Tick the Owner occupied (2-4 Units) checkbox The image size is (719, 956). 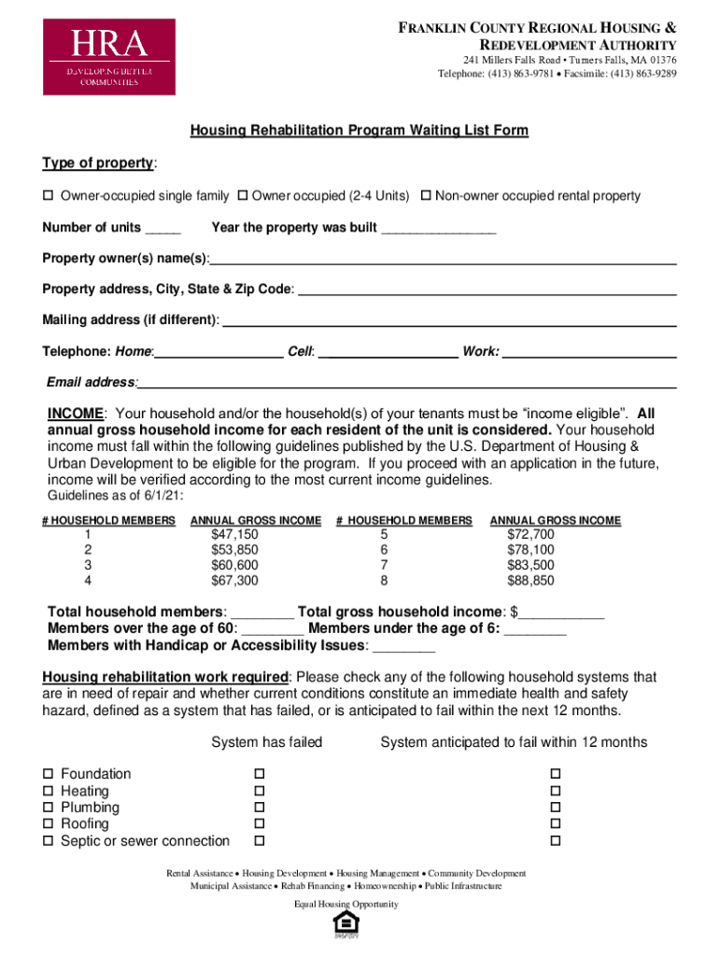click(242, 196)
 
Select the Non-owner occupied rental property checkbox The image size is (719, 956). click(426, 196)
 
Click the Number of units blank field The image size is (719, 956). click(163, 229)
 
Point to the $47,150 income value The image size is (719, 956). click(234, 535)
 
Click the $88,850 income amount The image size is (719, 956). click(530, 581)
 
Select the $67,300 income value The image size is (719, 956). click(234, 581)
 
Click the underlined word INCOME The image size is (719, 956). click(75, 414)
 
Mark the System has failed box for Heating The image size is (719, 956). click(261, 791)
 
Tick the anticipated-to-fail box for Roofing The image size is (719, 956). click(555, 824)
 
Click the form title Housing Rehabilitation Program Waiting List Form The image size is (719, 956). click(359, 131)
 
